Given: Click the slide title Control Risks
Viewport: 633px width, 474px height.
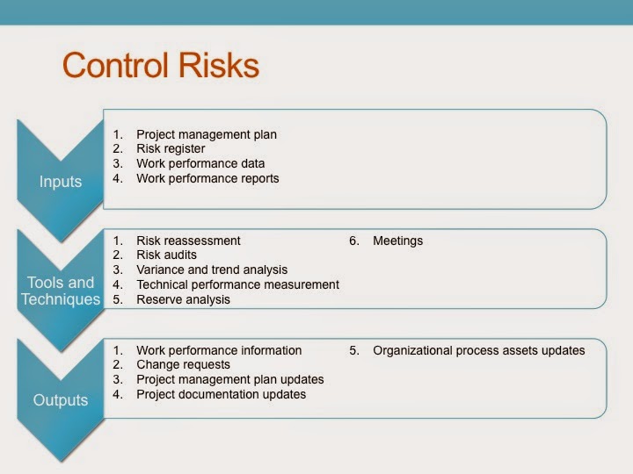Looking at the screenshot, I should click(x=161, y=66).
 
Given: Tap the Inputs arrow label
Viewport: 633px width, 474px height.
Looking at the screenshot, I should click(x=60, y=182).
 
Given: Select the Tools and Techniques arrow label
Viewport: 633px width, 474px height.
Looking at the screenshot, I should click(x=60, y=291).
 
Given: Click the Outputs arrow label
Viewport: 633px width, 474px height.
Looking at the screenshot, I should click(x=60, y=400).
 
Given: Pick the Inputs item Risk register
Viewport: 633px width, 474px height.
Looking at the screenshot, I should click(x=171, y=149).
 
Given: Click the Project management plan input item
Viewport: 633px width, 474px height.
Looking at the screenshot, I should click(x=206, y=134).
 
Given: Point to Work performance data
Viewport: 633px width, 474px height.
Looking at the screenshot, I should click(x=200, y=163).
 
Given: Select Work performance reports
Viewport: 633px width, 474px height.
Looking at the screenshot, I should click(x=207, y=178).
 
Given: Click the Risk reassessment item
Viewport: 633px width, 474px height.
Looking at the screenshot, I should click(x=188, y=241).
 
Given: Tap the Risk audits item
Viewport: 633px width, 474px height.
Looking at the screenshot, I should click(x=166, y=255).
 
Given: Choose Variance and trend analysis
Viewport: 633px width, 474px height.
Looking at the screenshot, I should click(x=212, y=269).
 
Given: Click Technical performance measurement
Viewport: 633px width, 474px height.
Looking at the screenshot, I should click(x=237, y=284).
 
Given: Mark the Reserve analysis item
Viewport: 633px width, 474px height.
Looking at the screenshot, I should click(x=183, y=299).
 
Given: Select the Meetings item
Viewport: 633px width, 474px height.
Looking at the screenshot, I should click(x=397, y=241).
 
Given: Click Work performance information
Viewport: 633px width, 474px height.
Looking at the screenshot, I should click(x=219, y=350).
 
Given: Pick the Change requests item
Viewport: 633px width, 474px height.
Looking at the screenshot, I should click(x=183, y=364).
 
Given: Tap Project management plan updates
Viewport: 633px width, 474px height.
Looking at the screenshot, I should click(x=230, y=379).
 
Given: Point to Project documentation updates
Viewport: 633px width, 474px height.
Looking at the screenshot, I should click(x=221, y=394).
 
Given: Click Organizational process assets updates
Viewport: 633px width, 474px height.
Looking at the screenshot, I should click(x=478, y=350).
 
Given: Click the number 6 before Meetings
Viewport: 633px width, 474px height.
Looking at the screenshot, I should click(x=353, y=241).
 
